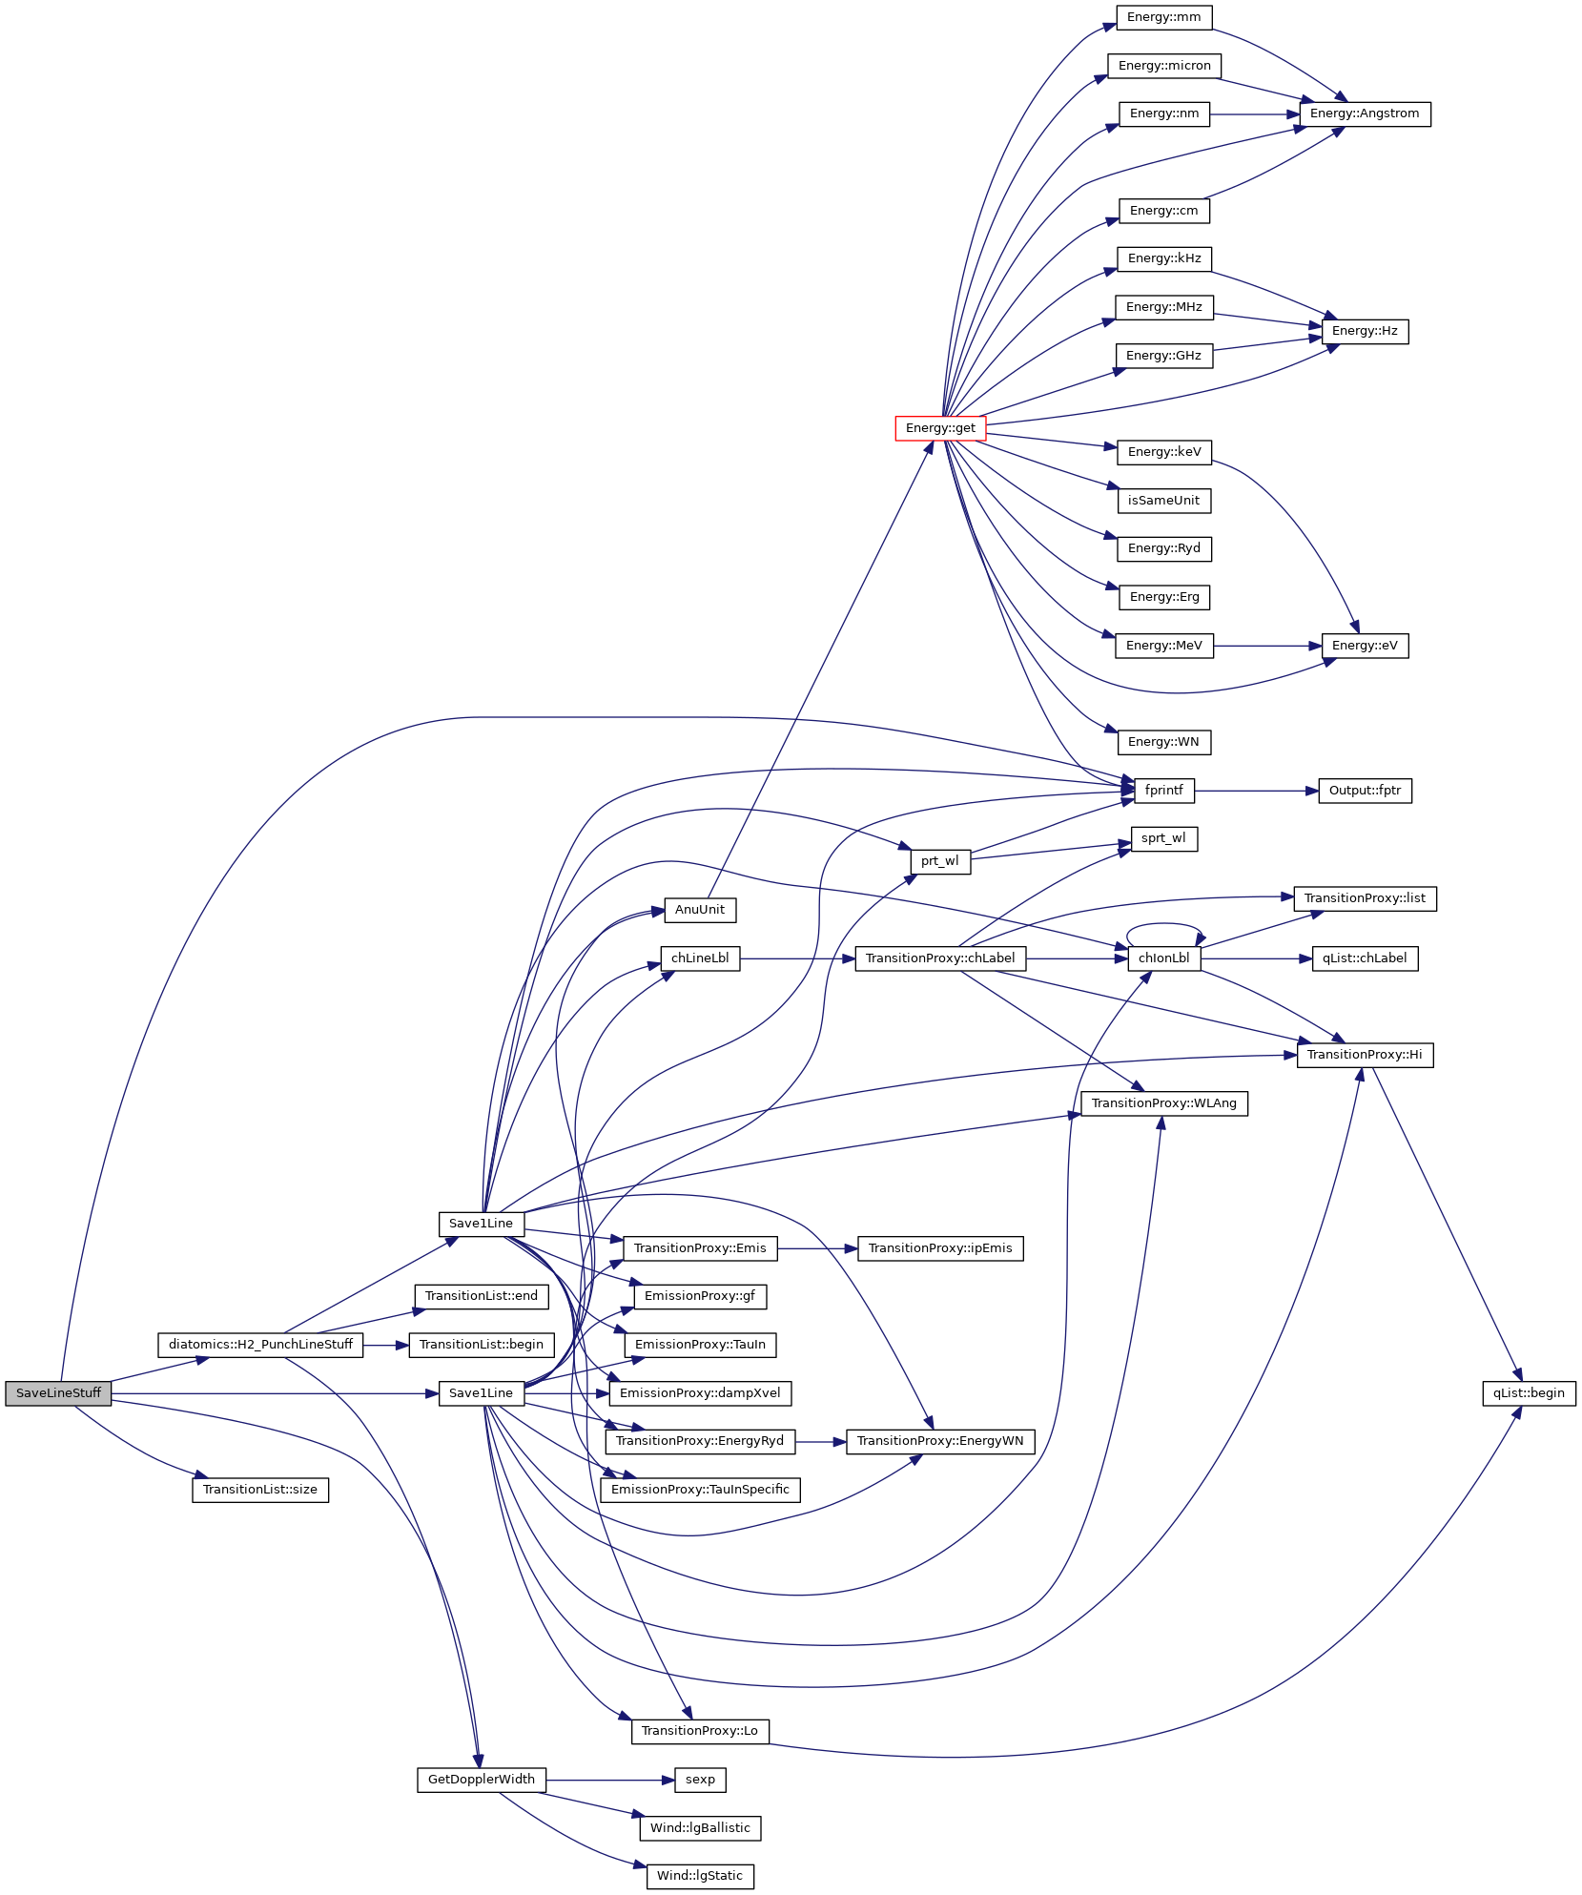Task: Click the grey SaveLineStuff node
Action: (x=58, y=1393)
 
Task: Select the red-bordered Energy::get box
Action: (x=939, y=428)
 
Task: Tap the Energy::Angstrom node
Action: (x=1364, y=113)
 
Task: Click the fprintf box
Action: (x=1163, y=791)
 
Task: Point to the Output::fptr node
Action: (x=1365, y=791)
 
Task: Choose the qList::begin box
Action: (x=1528, y=1393)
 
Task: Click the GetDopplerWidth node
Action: (x=481, y=1780)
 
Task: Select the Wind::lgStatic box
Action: (x=699, y=1876)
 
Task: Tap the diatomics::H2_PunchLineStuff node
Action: (x=260, y=1345)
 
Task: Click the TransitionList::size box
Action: (x=259, y=1490)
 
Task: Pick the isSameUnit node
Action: (x=1163, y=501)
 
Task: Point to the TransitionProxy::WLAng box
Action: (x=1163, y=1103)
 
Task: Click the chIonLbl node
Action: (x=1163, y=958)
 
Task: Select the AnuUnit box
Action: (x=699, y=910)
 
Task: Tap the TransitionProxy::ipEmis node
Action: (x=940, y=1248)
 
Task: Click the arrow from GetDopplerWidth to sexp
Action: (x=610, y=1780)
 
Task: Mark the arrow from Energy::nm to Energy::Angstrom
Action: (x=1254, y=114)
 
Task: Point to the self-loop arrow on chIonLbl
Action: (x=1164, y=924)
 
